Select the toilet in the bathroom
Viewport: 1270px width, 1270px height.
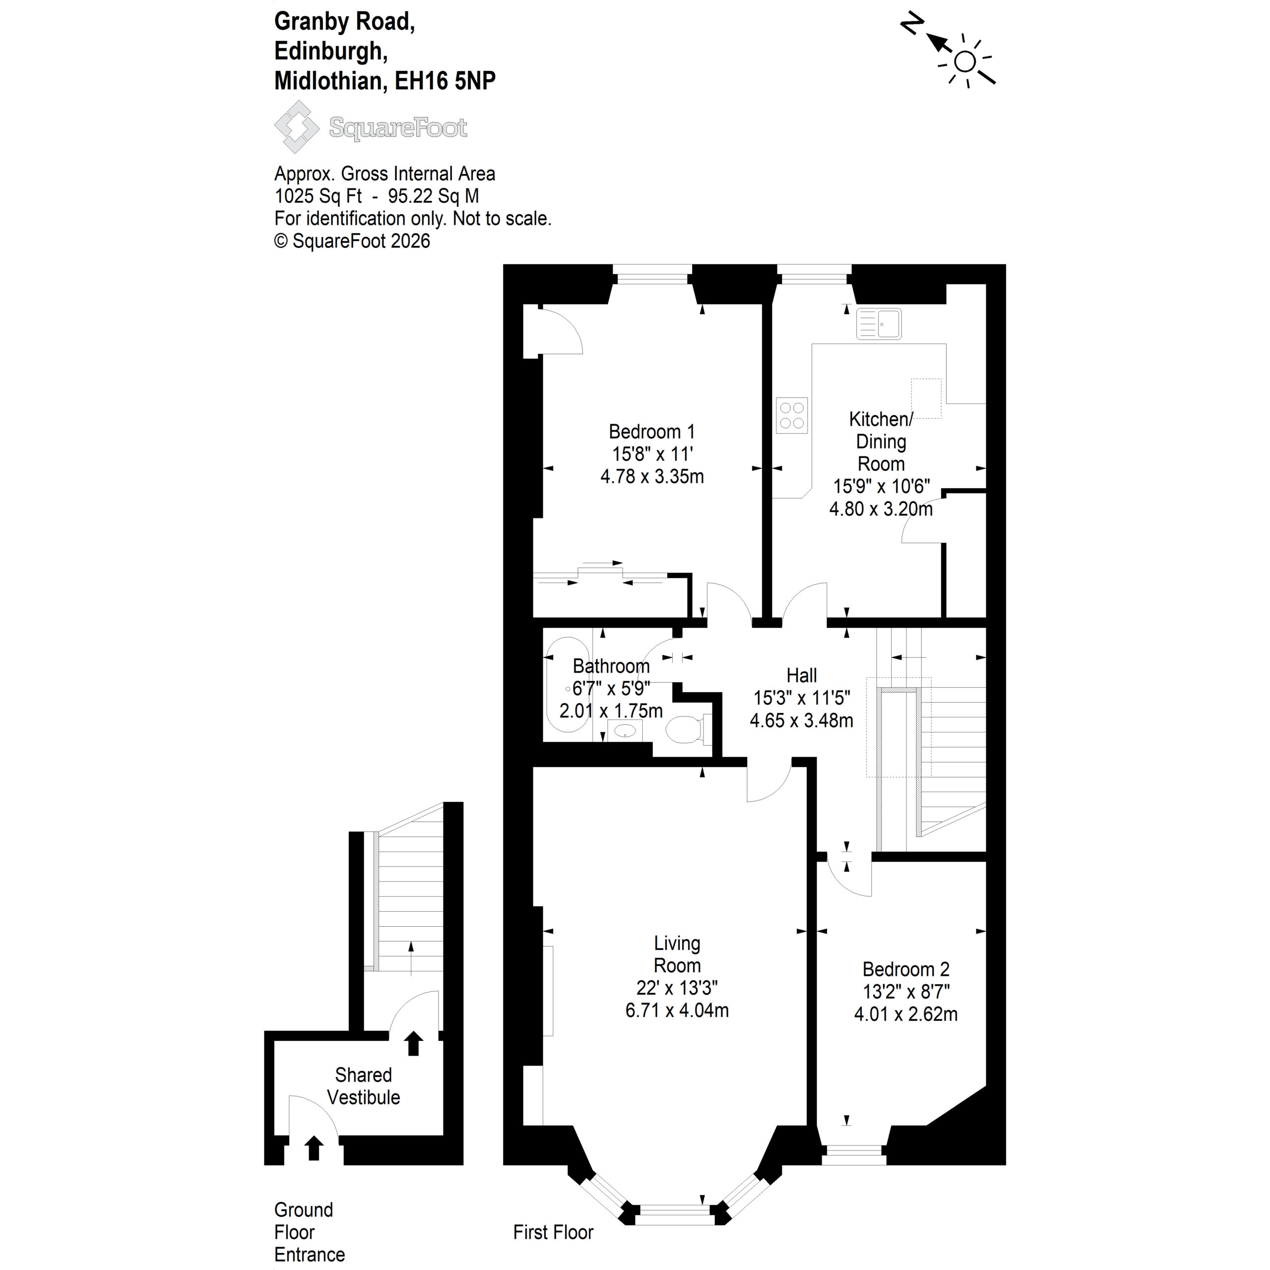tap(688, 729)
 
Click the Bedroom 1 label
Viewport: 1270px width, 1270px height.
tap(651, 432)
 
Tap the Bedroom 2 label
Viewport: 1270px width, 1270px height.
tap(906, 969)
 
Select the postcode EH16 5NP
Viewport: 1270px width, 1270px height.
tap(445, 80)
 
